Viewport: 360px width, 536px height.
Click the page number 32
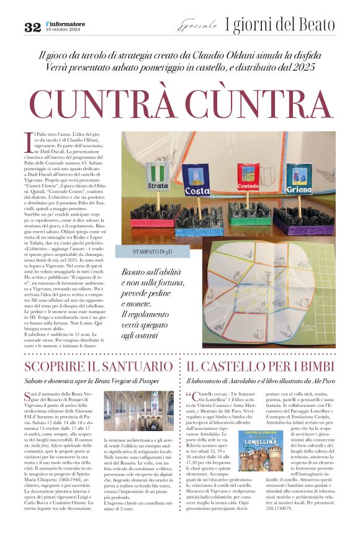32,27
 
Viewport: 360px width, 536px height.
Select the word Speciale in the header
197,26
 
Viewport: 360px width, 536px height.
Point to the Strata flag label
158,185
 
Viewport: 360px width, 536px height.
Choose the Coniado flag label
248,185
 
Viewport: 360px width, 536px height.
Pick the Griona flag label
299,189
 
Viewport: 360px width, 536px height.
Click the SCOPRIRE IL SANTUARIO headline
98,366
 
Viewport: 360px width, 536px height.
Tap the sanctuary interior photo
138,411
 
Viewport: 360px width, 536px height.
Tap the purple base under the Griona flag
303,224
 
